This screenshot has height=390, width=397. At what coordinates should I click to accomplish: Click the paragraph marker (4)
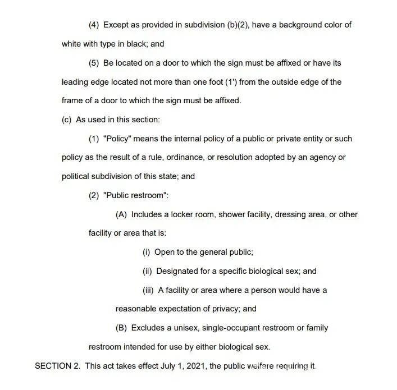pyautogui.click(x=94, y=25)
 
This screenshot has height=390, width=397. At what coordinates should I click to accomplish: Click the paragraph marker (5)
pyautogui.click(x=94, y=63)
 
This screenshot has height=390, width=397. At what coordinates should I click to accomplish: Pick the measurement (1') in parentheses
pyautogui.click(x=231, y=82)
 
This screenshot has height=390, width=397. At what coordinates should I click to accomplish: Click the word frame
pyautogui.click(x=72, y=100)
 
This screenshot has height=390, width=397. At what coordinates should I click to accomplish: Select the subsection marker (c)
pyautogui.click(x=67, y=120)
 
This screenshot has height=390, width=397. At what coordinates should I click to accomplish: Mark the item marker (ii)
pyautogui.click(x=147, y=271)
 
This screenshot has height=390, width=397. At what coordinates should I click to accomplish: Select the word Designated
pyautogui.click(x=177, y=271)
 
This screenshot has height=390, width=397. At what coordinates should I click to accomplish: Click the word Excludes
pyautogui.click(x=148, y=328)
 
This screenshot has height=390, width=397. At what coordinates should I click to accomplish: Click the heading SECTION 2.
pyautogui.click(x=57, y=366)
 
